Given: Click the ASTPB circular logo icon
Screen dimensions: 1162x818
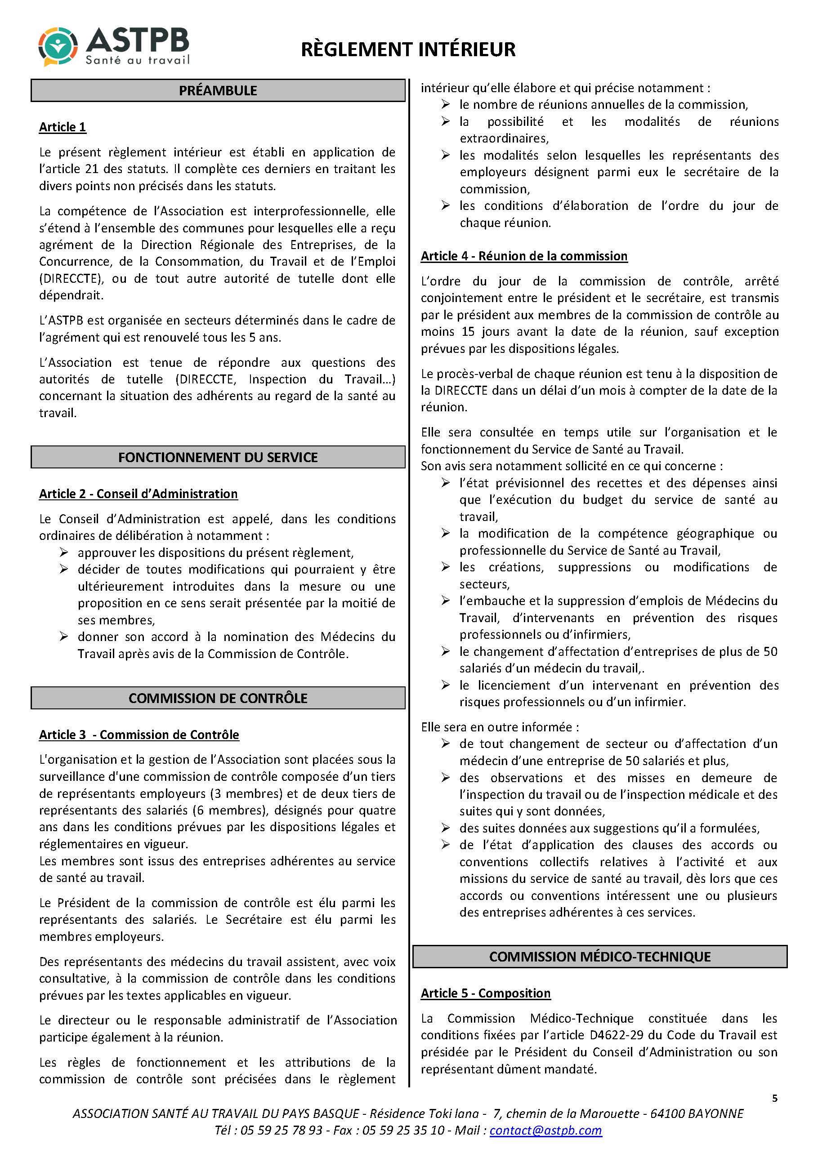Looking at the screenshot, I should coord(58,47).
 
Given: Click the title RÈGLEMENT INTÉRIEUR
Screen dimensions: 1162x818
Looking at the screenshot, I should coord(408,49).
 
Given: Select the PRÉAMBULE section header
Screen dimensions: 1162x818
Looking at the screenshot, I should coord(218,91).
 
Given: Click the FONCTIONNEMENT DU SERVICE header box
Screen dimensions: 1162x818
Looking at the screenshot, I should coord(218,457).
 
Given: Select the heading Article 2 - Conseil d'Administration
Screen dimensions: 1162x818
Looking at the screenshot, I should coord(138,494).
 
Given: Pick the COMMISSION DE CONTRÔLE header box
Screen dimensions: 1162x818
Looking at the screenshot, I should coord(218,698).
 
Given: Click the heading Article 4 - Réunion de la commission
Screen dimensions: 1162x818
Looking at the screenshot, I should coord(524,256).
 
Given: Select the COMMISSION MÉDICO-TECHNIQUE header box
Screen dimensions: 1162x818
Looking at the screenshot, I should coord(600,957).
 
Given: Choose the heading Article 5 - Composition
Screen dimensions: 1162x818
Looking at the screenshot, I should coord(485,993).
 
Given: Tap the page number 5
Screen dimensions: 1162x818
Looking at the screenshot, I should coord(774,1098).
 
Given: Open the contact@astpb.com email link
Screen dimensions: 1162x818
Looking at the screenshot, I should coord(545,1131).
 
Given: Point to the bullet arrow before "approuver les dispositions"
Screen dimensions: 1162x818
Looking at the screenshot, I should coord(64,552).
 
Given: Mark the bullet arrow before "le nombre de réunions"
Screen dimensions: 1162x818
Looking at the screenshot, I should coord(446,104).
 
